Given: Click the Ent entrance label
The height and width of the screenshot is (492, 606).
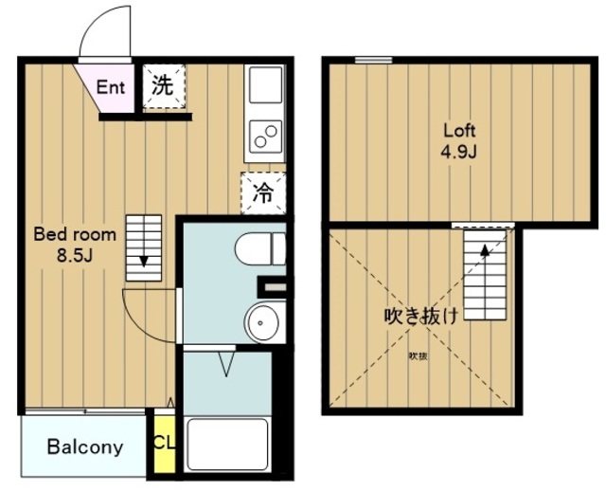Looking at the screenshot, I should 110,87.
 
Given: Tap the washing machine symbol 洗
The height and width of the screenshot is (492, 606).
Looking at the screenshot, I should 163,85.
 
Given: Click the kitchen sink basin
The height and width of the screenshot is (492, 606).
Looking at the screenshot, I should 265,88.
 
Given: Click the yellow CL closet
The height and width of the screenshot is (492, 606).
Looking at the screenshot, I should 163,443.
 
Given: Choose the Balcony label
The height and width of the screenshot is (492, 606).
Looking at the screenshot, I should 85,446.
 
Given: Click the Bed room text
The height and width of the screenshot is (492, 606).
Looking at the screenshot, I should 75,233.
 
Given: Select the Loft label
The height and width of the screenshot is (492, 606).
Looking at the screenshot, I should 458,131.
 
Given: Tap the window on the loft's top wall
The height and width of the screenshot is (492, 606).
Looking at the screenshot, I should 373,61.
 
